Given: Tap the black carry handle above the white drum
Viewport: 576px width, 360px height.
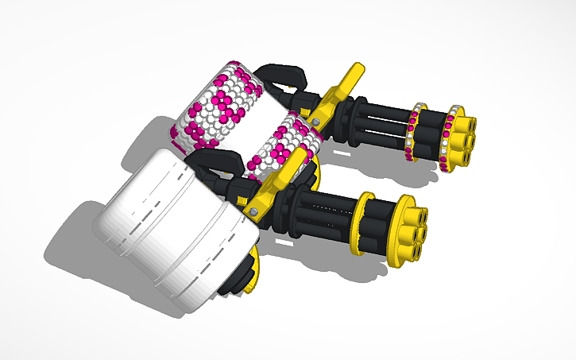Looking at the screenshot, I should coord(213,163).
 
